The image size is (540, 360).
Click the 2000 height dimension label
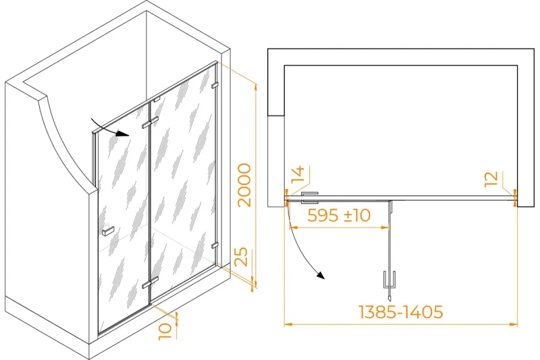click(x=245, y=185)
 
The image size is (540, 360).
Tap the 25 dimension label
click(x=242, y=256)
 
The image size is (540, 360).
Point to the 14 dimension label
click(x=298, y=174)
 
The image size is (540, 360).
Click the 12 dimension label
click(x=491, y=180)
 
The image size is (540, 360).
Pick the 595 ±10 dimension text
click(x=339, y=215)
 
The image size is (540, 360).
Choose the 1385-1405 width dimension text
click(x=401, y=312)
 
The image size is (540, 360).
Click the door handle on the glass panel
click(x=108, y=231)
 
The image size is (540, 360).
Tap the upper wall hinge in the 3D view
click(x=215, y=84)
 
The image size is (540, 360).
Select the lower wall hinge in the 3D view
click(x=215, y=245)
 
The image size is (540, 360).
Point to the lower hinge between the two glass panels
click(x=150, y=282)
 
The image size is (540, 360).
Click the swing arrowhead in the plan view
click(x=321, y=276)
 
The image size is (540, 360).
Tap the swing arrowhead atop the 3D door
click(x=122, y=134)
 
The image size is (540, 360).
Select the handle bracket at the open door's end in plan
click(x=389, y=280)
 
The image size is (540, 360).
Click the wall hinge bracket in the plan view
click(x=310, y=198)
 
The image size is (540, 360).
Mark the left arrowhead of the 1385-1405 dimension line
click(x=288, y=324)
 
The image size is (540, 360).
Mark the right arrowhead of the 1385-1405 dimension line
click(x=514, y=324)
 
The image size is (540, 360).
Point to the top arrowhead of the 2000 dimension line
click(x=255, y=87)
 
